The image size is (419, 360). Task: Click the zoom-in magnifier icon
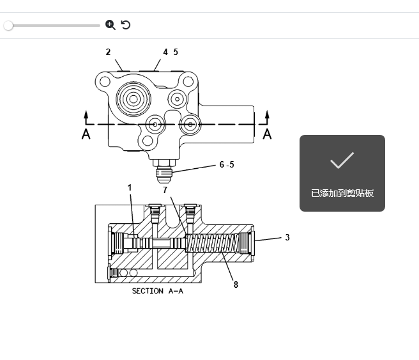coord(110,25)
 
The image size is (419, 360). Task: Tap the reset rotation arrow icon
coord(126,25)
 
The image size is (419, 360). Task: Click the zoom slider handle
coord(8,26)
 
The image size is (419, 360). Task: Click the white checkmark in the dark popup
coord(342,160)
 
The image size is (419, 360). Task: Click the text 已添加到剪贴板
coord(342,193)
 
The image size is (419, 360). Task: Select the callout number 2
coord(108,52)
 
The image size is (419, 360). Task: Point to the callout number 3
coord(287,237)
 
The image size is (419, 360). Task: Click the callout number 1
coord(130,187)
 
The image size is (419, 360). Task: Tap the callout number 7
coord(165,190)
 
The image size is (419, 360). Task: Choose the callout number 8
coord(236,285)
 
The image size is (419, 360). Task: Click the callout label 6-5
coord(227,164)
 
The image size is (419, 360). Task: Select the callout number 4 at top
coord(165,52)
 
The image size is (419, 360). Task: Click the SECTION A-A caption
coord(157,291)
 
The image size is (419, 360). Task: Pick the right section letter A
coord(268,134)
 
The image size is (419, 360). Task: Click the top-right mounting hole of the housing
coord(187,81)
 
